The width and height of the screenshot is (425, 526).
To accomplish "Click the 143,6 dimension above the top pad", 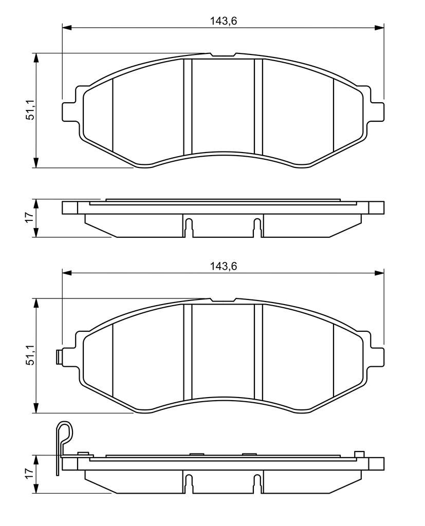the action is pos(224,21).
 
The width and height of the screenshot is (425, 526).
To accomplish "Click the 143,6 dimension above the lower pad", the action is pos(224,266).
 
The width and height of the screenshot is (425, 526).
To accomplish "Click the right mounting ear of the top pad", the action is pos(376,111).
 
